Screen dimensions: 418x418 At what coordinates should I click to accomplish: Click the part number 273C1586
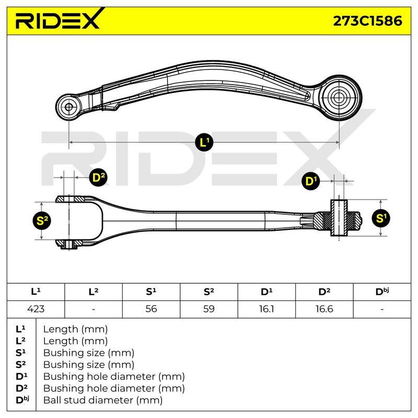368,21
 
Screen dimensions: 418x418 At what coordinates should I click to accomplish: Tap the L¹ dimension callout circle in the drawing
204,142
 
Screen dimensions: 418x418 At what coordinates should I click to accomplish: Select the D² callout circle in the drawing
98,177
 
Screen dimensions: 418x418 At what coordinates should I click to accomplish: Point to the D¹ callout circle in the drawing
311,181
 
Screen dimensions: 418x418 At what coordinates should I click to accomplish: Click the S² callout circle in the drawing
42,220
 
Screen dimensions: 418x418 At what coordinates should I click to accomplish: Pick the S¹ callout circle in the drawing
380,218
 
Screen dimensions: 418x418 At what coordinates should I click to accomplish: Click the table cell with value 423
36,309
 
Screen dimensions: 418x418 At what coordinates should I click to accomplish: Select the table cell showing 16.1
266,309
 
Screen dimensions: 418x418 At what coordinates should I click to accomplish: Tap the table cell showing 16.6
324,309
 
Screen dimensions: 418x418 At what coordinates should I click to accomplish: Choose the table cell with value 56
151,309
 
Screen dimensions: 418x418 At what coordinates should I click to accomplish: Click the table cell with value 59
208,309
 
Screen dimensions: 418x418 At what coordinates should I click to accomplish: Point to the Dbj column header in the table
382,292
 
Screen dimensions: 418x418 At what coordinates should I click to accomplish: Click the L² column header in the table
94,292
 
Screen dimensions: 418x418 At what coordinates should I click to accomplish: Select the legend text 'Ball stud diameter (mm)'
103,400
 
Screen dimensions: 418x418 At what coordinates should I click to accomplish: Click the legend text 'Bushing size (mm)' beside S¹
89,353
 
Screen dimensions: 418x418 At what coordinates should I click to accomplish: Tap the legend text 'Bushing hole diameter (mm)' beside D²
114,388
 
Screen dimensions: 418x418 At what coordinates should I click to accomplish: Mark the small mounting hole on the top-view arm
69,108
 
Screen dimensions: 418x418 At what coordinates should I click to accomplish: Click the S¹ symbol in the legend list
21,353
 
